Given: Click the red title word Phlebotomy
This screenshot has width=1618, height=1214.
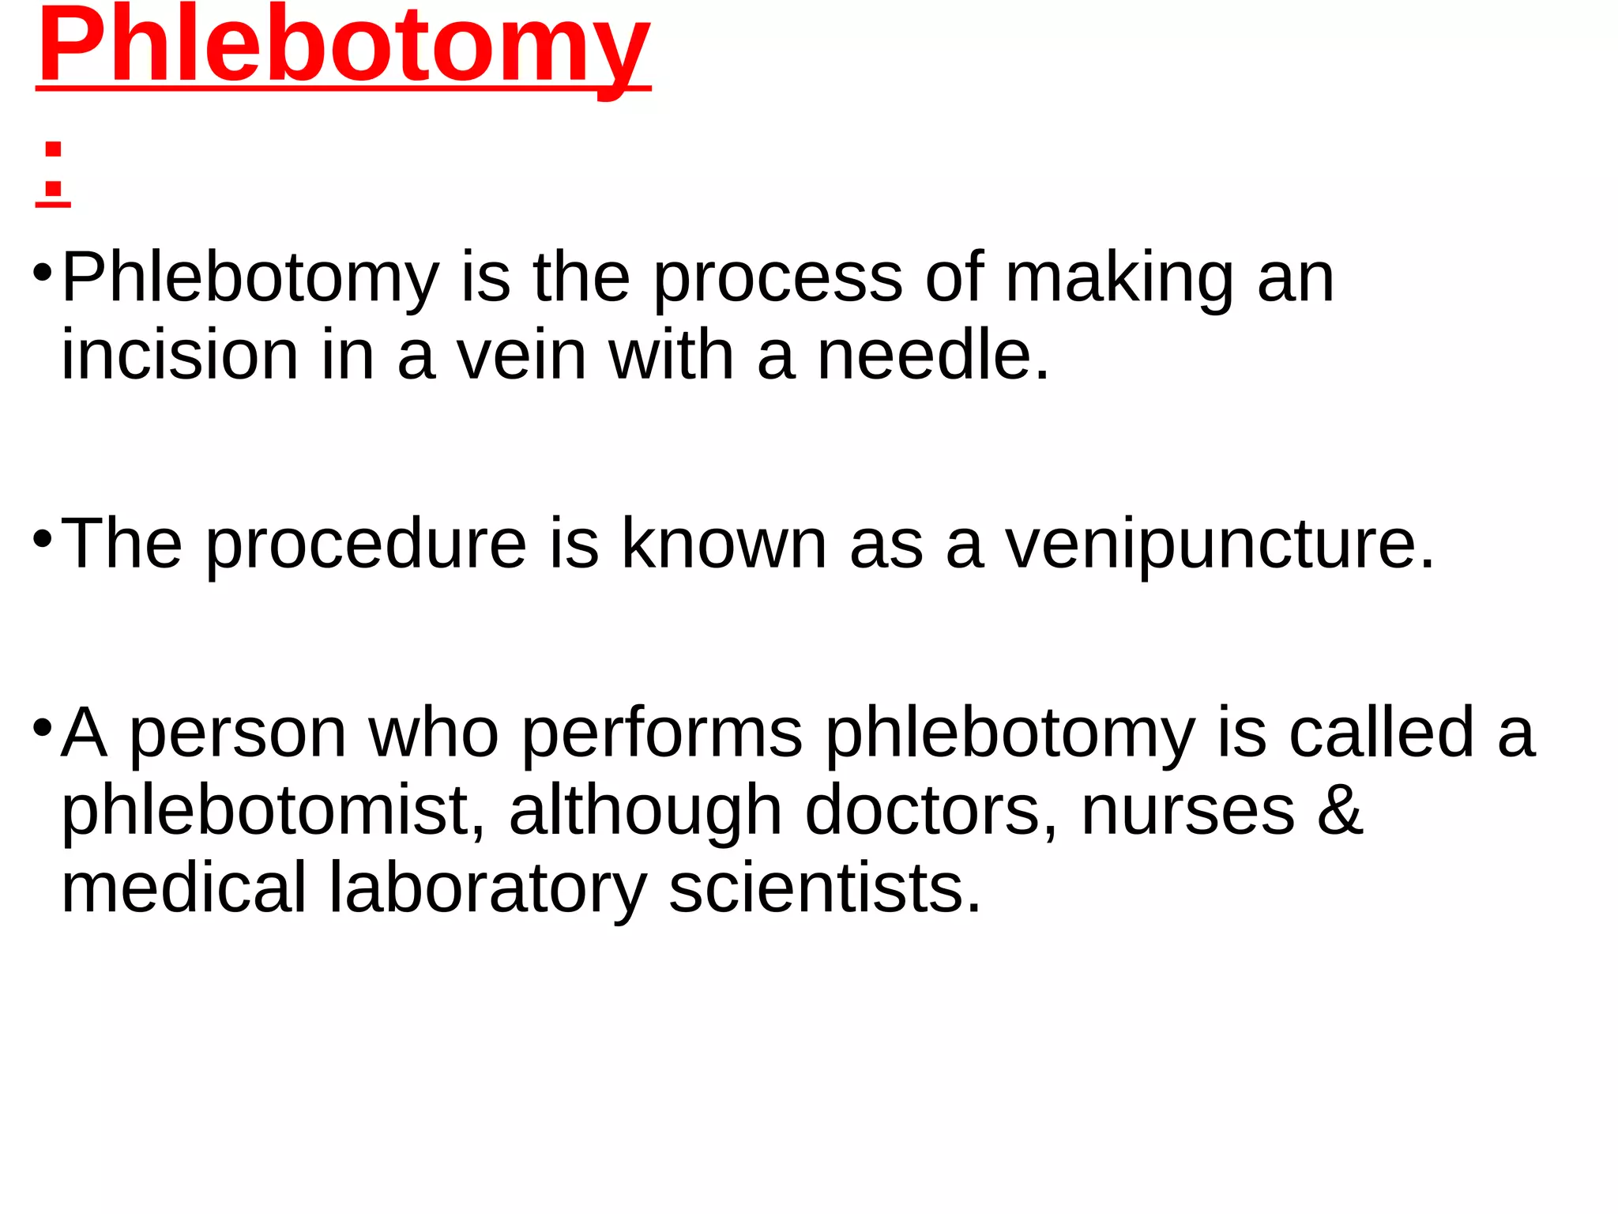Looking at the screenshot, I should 344,47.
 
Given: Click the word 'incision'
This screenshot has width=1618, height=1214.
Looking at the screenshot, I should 179,355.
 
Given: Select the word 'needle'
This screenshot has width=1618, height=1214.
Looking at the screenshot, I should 932,355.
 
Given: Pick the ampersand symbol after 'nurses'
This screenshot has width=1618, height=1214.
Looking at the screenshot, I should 1340,809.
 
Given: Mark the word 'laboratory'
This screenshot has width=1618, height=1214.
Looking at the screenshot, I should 487,888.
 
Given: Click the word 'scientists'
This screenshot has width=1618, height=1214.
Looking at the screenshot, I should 825,888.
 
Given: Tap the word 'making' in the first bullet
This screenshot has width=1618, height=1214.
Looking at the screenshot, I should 1119,278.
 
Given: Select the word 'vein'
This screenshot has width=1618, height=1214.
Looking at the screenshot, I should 522,355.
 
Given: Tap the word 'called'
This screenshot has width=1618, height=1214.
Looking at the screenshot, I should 1382,732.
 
